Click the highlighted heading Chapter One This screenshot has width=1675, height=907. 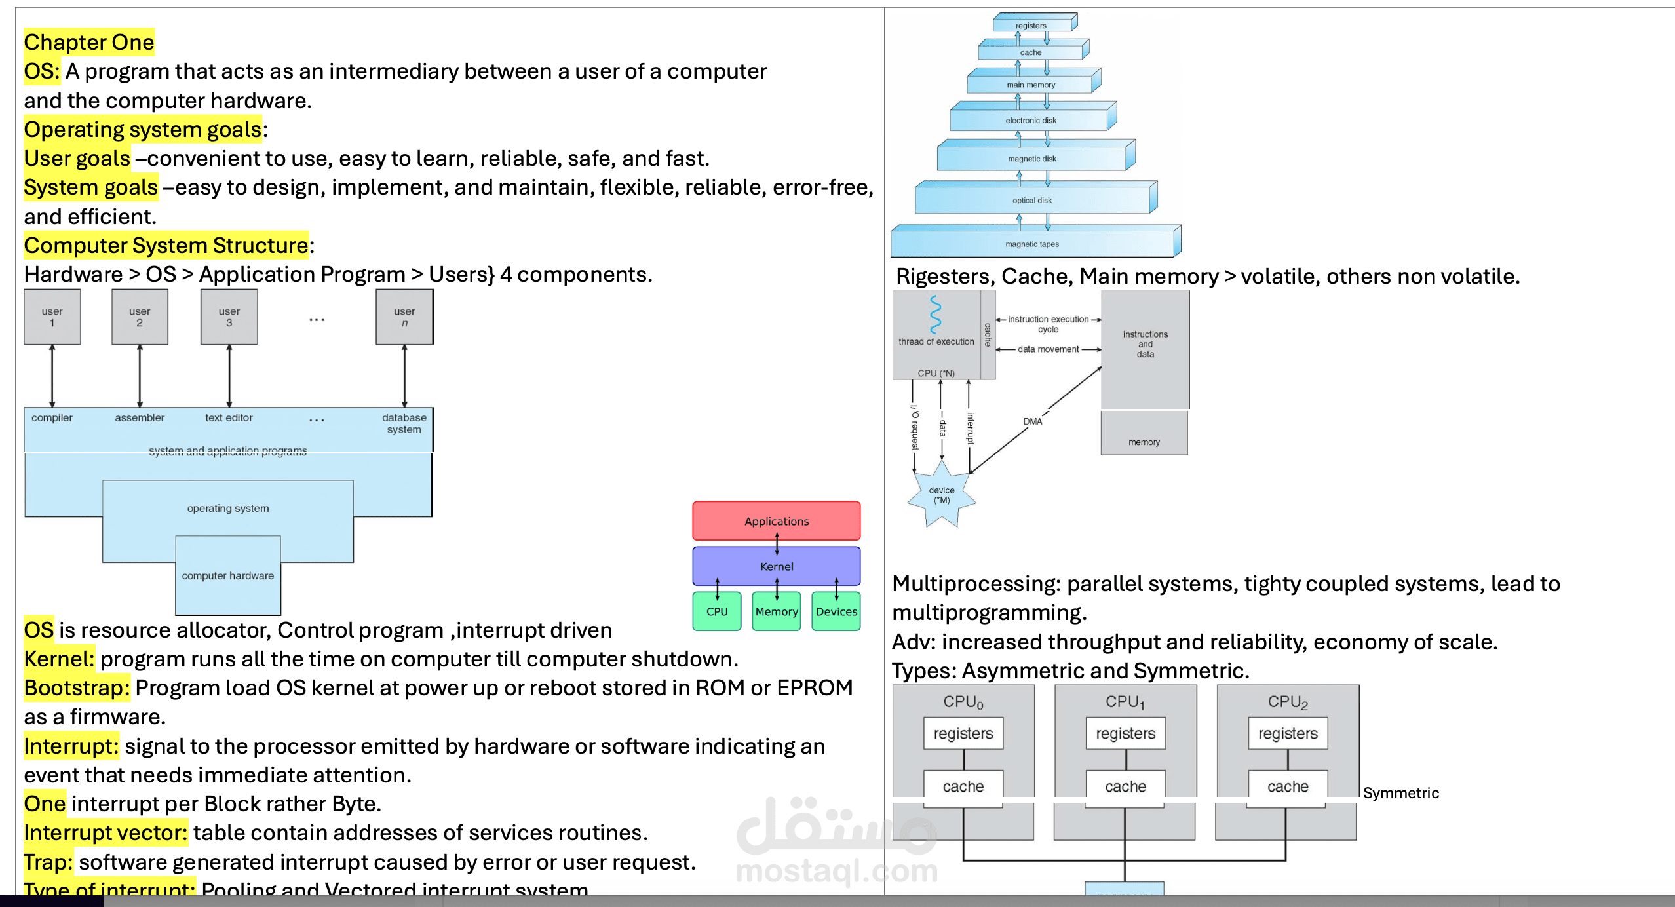pos(89,43)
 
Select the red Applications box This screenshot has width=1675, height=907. pos(776,521)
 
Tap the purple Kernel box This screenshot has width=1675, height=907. pos(776,566)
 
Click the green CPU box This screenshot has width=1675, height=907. pos(716,611)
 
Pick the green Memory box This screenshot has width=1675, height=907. pos(776,611)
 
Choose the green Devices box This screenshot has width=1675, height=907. pos(836,611)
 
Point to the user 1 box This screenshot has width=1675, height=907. pos(52,317)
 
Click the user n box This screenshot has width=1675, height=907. pos(404,317)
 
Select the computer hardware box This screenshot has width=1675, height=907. pos(227,575)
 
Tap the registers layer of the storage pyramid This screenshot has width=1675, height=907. pos(1031,26)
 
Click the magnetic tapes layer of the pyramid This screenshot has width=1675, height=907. pos(1032,244)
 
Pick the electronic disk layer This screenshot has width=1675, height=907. pos(1031,120)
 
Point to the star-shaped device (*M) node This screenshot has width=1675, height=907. pos(941,495)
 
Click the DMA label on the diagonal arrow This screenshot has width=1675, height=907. pos(1033,421)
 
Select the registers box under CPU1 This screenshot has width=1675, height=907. pos(1125,733)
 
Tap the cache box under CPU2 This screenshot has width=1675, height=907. pos(1288,786)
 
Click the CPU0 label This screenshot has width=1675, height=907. pos(963,702)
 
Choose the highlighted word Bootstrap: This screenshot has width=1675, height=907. pos(77,688)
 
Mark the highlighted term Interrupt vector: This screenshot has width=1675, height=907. pos(106,833)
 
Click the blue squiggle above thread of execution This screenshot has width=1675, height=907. pos(935,315)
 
